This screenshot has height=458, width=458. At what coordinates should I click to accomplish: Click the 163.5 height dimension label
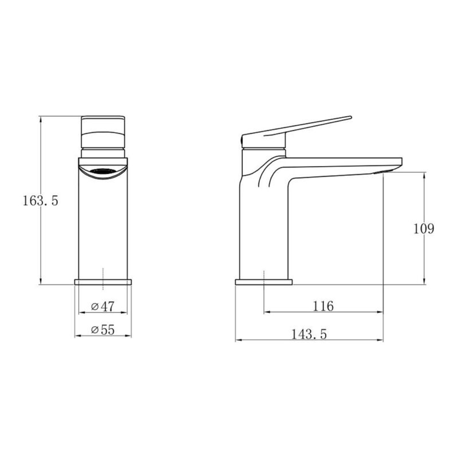point(41,201)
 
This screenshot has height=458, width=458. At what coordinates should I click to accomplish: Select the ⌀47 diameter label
point(103,306)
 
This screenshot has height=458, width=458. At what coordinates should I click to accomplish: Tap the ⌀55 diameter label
point(103,330)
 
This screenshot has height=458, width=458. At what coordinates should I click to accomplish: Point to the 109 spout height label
point(424,228)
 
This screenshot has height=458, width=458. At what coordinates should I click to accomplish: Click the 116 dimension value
point(323,306)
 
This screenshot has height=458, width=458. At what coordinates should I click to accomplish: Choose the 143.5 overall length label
point(309,334)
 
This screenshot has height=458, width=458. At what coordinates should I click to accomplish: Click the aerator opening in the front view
point(103,171)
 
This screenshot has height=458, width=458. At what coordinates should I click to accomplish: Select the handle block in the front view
point(103,132)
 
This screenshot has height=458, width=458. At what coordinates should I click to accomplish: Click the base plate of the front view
point(103,282)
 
